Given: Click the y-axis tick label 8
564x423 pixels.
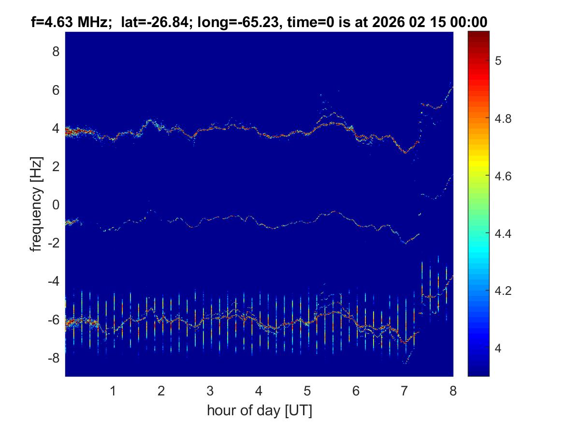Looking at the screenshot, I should (x=56, y=51).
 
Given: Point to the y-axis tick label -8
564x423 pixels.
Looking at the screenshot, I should (x=54, y=358).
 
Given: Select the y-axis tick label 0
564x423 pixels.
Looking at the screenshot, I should (x=56, y=204).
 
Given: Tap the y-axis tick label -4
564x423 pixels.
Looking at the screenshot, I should (x=54, y=281).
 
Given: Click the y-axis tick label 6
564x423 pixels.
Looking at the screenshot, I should (x=56, y=90).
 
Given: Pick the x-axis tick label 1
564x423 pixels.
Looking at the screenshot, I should (x=113, y=391).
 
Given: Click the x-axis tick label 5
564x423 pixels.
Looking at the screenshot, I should (x=307, y=391).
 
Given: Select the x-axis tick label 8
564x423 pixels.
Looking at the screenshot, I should (x=453, y=391).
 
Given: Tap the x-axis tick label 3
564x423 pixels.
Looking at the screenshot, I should (x=210, y=391).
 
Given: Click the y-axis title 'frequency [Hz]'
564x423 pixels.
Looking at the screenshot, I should (x=37, y=204).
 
